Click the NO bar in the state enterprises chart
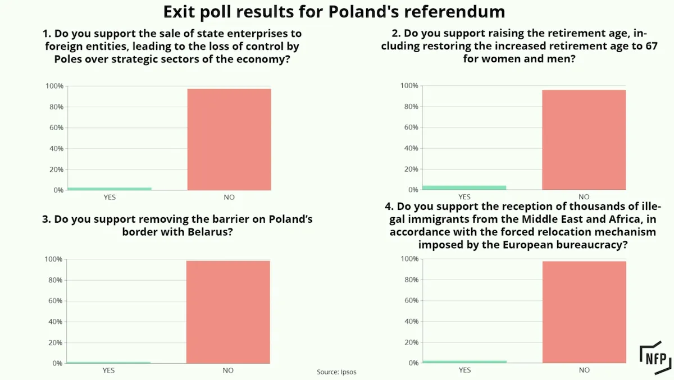click(229, 139)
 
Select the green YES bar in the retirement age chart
click(464, 187)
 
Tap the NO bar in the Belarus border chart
click(228, 312)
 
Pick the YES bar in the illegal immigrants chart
click(464, 361)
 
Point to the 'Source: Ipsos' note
click(336, 372)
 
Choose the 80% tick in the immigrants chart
click(411, 280)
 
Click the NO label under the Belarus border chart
click(228, 370)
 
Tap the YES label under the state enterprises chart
click(110, 197)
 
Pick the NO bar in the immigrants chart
click(584, 312)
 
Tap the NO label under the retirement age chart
click(584, 197)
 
